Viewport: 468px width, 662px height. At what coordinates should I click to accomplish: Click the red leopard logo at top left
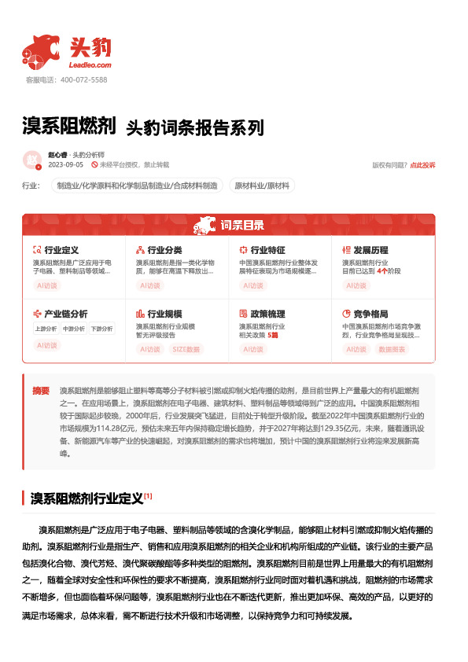(41, 52)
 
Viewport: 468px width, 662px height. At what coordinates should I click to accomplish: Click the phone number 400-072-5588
(83, 80)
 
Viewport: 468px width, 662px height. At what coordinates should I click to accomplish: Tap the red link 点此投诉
(422, 165)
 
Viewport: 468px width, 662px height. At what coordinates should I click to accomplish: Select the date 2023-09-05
(65, 165)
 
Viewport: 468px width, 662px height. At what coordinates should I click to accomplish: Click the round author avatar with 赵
(32, 160)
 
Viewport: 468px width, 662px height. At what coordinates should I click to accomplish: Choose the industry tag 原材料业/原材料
(262, 186)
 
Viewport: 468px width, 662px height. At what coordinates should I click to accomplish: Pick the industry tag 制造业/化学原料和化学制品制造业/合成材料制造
(135, 186)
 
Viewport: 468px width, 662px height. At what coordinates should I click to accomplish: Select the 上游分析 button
(46, 329)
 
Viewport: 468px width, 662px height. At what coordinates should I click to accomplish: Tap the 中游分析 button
(73, 329)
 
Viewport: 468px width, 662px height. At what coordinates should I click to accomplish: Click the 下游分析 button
(101, 329)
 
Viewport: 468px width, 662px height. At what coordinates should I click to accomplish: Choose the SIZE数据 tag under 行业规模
(186, 348)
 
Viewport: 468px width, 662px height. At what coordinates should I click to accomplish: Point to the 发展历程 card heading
(370, 250)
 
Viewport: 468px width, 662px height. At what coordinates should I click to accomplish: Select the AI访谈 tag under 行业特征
(253, 285)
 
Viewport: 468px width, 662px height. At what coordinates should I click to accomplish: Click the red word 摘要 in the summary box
(41, 390)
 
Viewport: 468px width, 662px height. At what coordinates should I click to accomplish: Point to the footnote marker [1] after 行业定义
(148, 496)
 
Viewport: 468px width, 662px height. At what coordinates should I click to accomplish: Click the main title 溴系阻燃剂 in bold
(69, 126)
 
